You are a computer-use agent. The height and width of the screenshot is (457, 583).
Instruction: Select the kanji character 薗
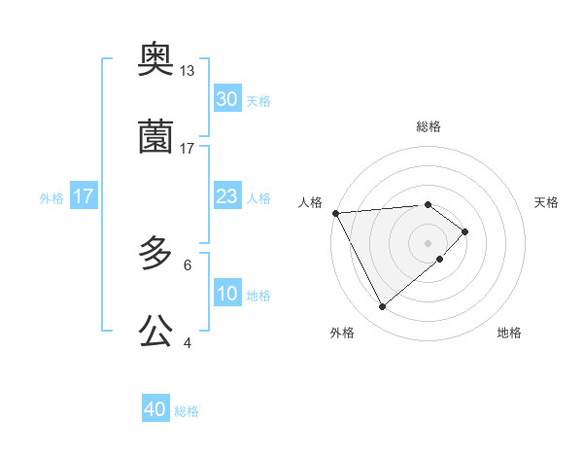coord(155,138)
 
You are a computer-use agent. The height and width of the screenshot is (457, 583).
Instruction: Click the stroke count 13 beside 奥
coord(188,71)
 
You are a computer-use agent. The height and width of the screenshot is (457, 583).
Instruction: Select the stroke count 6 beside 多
coord(188,264)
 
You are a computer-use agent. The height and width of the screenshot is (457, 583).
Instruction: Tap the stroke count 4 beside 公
coord(188,342)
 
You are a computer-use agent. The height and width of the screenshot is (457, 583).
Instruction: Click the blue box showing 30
coord(227,99)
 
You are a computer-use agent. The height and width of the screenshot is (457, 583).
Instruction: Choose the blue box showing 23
coord(227,197)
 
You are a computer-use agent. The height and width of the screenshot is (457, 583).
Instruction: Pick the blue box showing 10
coord(227,294)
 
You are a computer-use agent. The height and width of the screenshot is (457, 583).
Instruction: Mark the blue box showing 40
coord(155,409)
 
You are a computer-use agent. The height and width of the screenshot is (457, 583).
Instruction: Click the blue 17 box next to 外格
coord(84,197)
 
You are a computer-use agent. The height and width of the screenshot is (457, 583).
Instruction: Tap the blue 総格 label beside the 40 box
coord(187,410)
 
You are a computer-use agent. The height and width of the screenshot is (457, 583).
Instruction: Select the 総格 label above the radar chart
coord(429,126)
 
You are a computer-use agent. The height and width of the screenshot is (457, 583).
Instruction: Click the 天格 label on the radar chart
coord(547,202)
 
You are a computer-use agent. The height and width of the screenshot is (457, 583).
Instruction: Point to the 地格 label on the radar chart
coord(509,333)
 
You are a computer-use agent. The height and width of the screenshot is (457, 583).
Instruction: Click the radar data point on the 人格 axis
coord(335,213)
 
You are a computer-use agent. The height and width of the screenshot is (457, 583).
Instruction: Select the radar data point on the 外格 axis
coord(382,307)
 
